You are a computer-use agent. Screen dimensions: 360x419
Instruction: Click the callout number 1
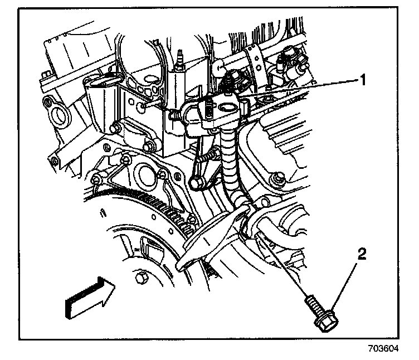pyautogui.click(x=362, y=80)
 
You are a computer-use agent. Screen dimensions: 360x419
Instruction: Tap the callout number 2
pyautogui.click(x=362, y=255)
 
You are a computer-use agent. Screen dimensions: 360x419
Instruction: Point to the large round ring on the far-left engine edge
pyautogui.click(x=57, y=116)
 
